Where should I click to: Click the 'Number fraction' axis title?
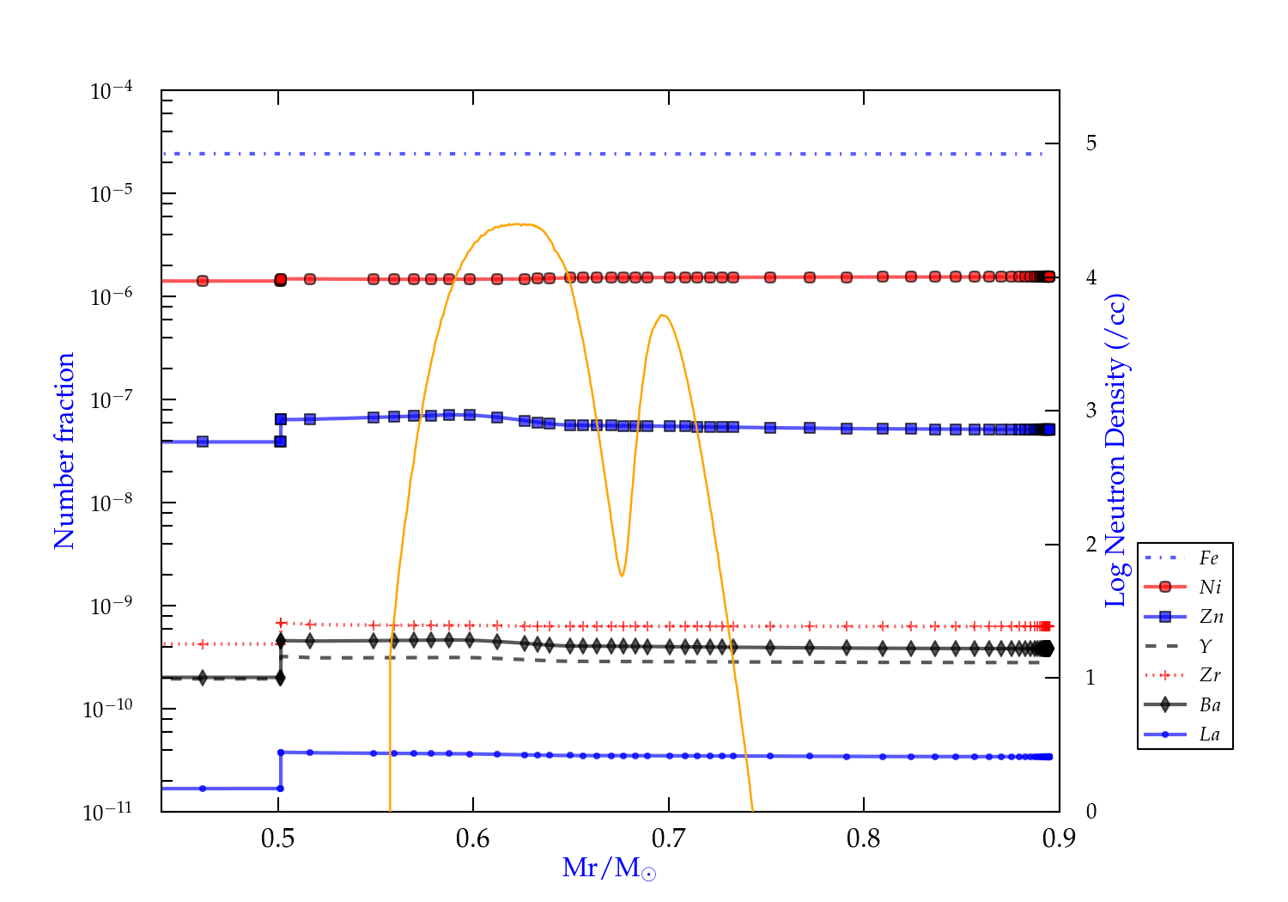(65, 451)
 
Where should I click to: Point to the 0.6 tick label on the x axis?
(473, 838)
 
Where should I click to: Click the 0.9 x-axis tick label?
(1059, 838)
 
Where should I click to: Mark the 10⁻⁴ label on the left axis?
(112, 90)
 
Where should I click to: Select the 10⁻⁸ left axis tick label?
(112, 503)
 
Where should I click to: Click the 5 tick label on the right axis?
(1091, 143)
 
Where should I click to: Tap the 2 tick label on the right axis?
(1091, 544)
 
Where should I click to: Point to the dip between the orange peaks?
(622, 575)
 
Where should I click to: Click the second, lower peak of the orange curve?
(662, 315)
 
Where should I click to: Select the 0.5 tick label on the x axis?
(277, 838)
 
